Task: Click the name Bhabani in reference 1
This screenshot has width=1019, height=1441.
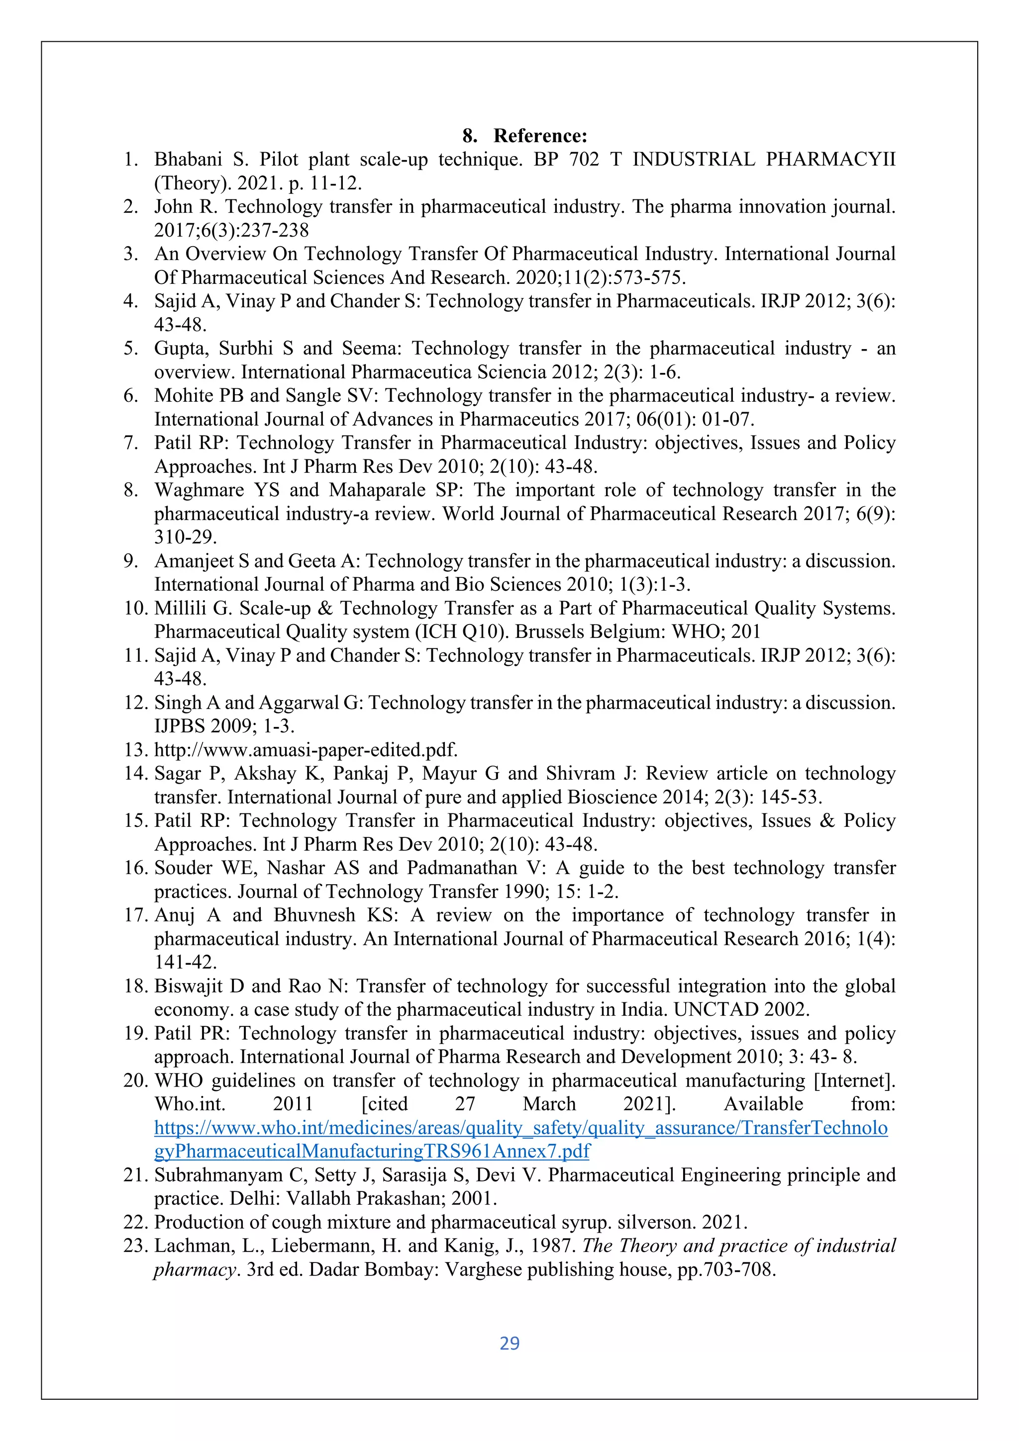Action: [x=188, y=160]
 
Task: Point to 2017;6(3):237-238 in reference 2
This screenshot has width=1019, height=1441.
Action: [x=232, y=230]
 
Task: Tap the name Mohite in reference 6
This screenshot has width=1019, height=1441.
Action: [x=183, y=396]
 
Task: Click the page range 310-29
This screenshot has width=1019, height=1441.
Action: [x=185, y=537]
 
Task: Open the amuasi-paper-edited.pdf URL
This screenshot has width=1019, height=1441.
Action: [x=306, y=750]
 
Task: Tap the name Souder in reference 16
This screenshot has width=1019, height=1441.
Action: [x=183, y=868]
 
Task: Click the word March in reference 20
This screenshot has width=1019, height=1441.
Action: [x=549, y=1104]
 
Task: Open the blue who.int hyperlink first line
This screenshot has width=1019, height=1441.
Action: [x=520, y=1128]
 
